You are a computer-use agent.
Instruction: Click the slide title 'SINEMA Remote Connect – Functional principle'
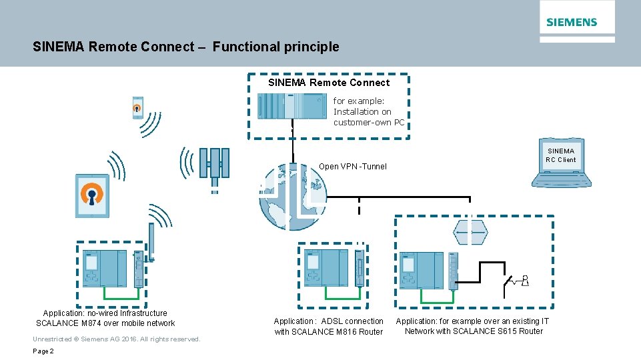pos(185,47)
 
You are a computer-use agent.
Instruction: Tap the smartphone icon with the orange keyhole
pos(137,107)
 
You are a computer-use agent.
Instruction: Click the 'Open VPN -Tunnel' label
pos(352,167)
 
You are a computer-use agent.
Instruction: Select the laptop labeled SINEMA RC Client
pos(560,164)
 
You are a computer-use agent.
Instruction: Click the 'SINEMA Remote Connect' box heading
pos(329,83)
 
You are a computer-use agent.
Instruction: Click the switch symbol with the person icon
pos(516,281)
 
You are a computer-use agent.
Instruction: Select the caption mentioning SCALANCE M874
pos(105,318)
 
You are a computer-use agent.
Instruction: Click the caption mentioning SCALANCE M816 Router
pos(328,326)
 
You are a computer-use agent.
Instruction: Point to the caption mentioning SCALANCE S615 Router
pos(473,326)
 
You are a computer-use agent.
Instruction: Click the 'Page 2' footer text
pos(44,351)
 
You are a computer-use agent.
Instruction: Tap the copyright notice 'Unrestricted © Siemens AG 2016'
pos(116,339)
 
